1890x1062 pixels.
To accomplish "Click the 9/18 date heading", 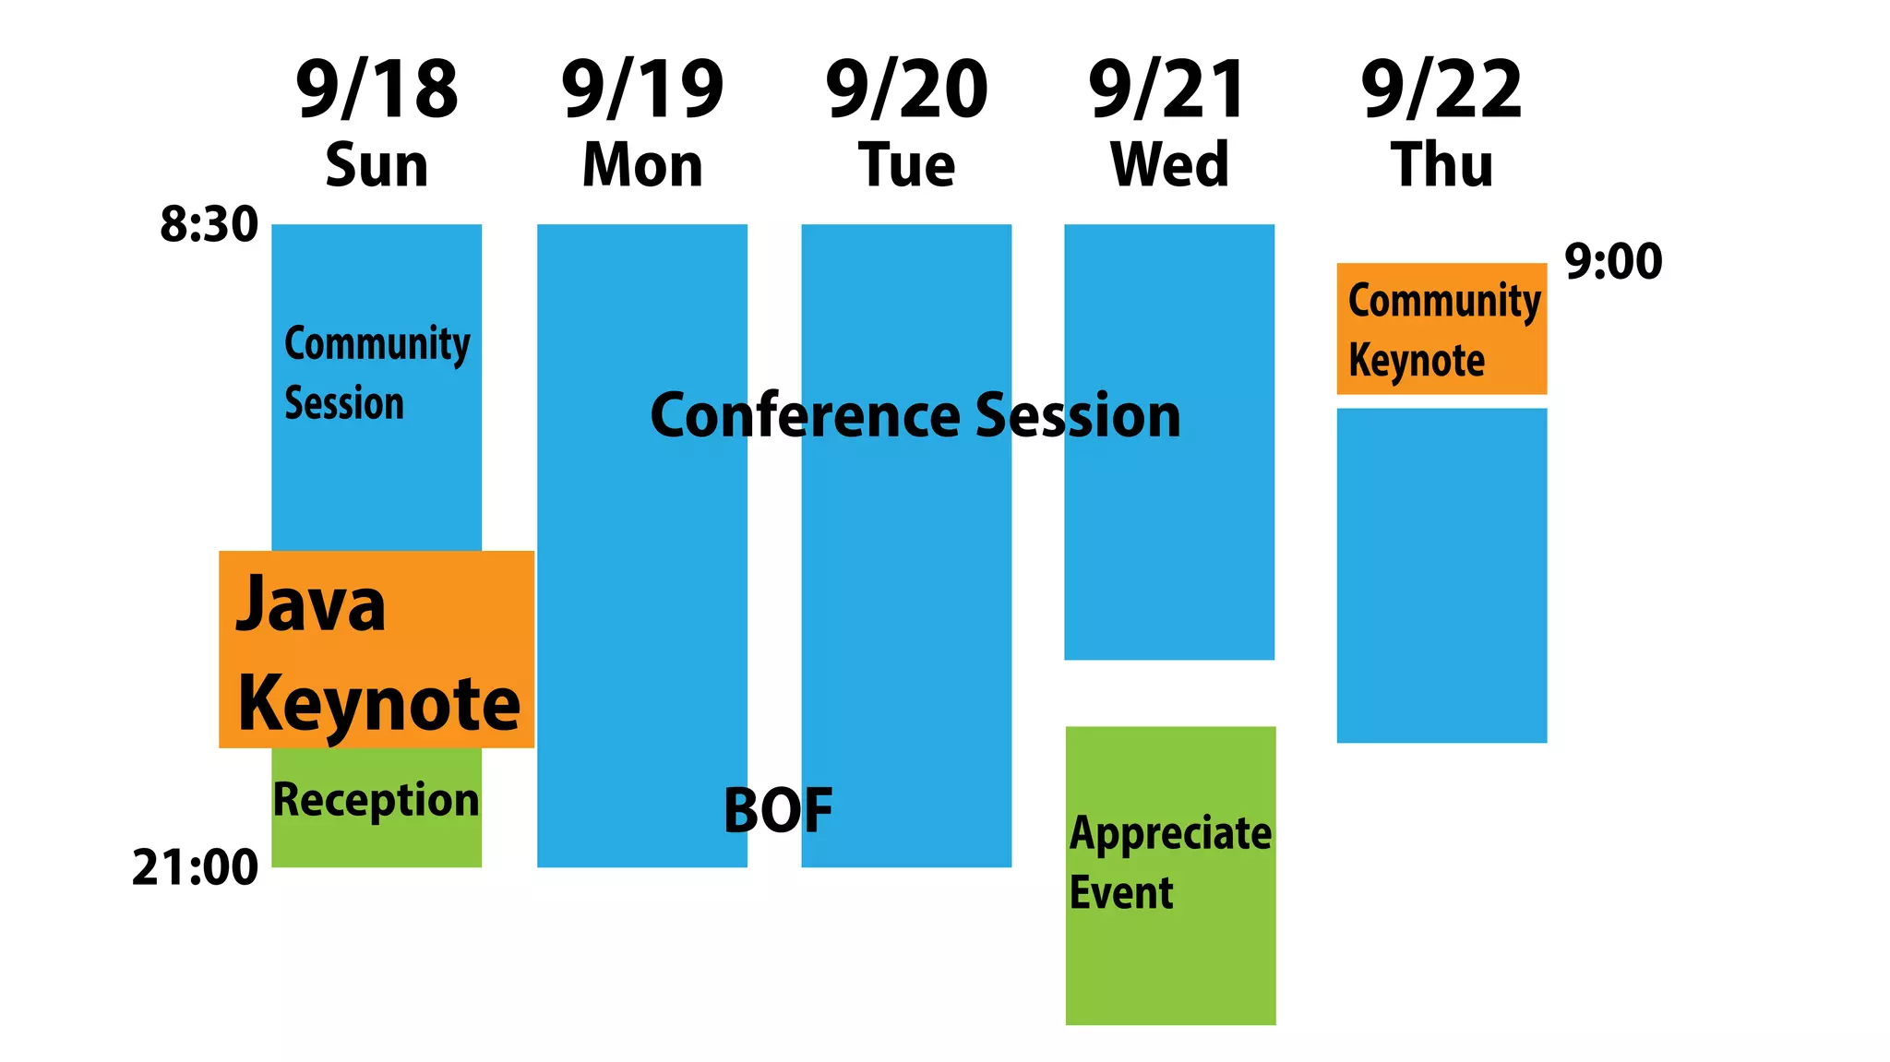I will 377,89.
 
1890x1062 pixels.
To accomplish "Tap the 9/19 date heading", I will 642,89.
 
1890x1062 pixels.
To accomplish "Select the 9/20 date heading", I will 906,89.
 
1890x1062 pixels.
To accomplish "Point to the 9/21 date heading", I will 1167,89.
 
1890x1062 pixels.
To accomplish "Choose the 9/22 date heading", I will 1441,89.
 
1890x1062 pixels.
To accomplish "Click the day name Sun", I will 377,165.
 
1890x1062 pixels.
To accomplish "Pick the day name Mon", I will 642,165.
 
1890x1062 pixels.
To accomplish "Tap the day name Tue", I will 906,165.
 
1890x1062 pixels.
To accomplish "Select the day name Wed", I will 1169,165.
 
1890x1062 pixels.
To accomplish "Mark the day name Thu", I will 1441,165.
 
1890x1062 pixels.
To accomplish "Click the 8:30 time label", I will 209,224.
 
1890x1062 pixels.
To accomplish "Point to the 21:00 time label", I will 195,867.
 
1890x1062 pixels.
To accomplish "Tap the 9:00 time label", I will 1613,261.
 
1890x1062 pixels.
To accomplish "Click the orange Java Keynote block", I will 377,649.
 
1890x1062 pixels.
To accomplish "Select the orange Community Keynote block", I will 1441,328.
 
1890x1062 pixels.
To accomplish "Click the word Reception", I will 377,800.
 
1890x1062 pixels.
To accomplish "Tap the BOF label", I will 778,810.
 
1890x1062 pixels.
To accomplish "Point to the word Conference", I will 805,415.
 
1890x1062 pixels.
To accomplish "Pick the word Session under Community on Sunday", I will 344,403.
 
